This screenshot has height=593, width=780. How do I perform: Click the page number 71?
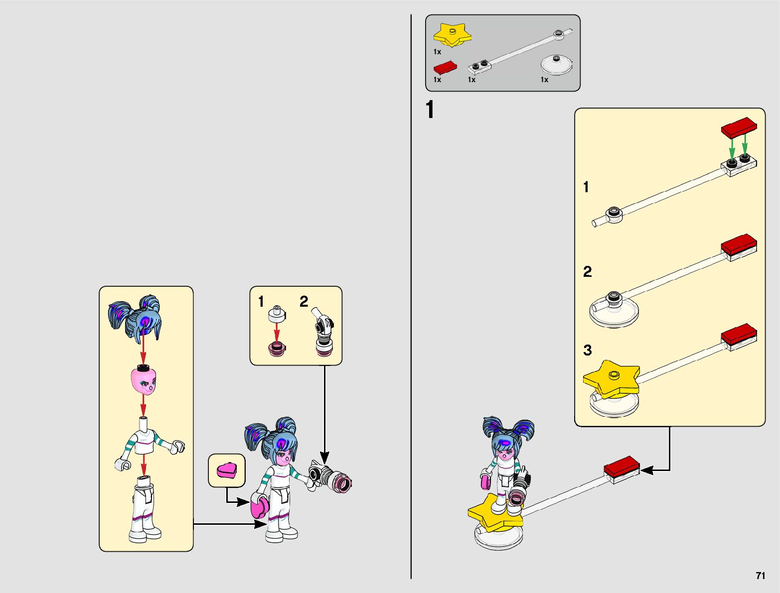point(760,576)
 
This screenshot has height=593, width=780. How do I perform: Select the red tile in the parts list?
point(445,68)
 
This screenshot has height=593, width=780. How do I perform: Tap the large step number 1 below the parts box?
point(430,110)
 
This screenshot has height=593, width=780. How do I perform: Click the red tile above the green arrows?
point(739,127)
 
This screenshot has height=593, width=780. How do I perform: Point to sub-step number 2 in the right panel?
point(588,272)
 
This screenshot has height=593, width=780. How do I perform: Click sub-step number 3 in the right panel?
point(588,350)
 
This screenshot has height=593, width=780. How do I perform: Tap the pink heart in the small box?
point(227,470)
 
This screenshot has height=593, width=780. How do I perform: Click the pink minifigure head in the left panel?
point(144,380)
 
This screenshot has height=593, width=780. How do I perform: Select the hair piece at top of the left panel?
point(136,318)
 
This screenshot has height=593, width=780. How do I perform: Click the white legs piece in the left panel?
point(144,510)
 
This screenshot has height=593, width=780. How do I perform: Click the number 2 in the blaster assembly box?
point(304,301)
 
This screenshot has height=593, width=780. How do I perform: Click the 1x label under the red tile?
point(437,80)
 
